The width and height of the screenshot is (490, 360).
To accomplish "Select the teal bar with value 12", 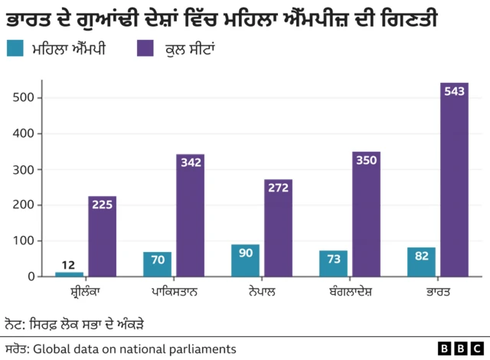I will click(x=69, y=273).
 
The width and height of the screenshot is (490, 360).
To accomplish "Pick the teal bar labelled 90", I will click(x=245, y=260).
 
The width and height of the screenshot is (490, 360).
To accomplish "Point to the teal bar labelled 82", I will click(x=421, y=262).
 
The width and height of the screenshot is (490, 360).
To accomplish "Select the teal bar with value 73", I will click(x=333, y=263).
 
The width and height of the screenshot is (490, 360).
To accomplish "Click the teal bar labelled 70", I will click(x=157, y=264).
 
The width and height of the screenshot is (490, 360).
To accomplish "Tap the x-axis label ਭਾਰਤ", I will click(x=438, y=292).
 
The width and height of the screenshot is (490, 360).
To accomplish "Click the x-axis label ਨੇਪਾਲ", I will click(x=262, y=292).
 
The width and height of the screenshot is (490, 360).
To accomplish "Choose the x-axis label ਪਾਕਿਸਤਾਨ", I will click(x=173, y=292).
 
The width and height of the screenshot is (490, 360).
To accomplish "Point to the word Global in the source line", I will click(x=51, y=349).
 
